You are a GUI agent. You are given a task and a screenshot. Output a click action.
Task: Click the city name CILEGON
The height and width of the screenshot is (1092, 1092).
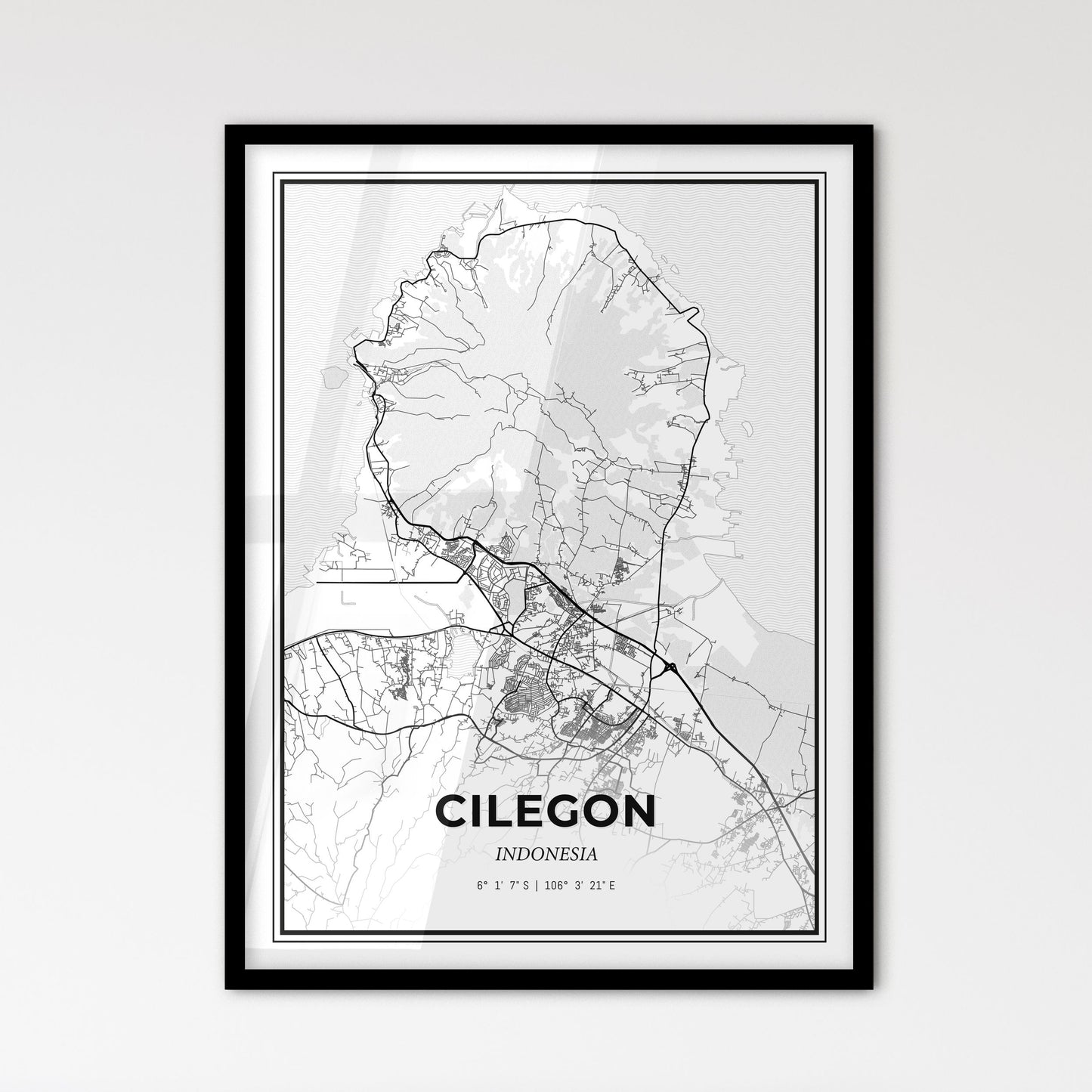545,812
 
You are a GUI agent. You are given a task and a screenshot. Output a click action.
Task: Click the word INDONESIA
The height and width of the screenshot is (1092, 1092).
546,855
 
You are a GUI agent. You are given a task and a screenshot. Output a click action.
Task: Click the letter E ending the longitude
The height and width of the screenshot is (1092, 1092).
612,883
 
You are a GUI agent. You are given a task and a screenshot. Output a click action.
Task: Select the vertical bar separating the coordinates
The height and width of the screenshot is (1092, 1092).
537,883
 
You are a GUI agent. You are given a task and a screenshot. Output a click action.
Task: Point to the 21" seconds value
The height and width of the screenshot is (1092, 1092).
595,883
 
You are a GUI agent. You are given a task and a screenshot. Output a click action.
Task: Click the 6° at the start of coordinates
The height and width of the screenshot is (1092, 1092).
481,883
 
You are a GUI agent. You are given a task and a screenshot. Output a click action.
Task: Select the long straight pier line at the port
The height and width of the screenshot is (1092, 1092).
389,583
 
